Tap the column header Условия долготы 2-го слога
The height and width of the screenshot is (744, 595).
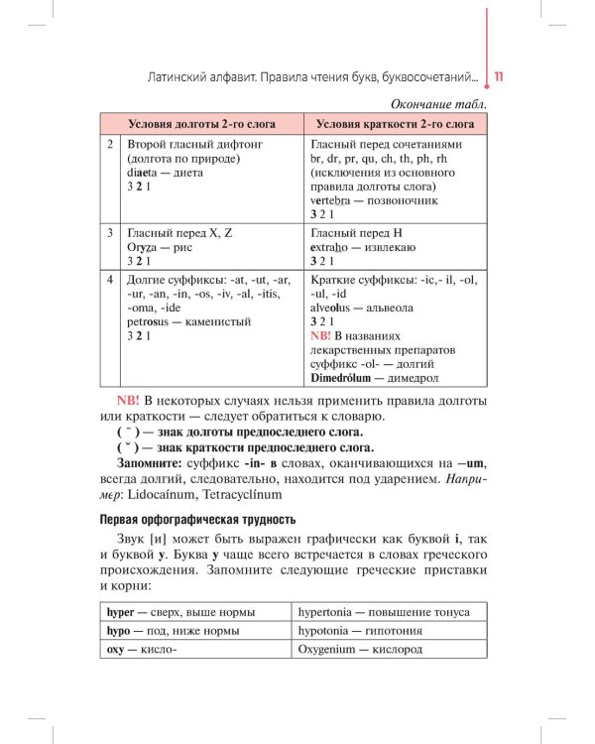pos(202,125)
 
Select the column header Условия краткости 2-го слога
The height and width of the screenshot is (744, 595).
pos(395,125)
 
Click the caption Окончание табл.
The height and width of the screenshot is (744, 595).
pos(438,103)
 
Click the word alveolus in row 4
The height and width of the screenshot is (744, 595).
pos(337,308)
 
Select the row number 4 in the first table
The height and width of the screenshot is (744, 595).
pos(112,280)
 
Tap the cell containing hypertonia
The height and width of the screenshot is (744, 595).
pos(388,611)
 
